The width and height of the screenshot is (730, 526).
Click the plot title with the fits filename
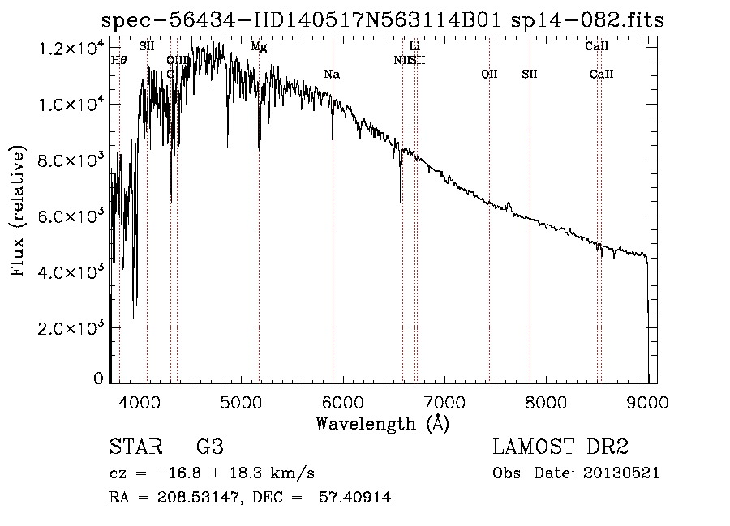click(382, 20)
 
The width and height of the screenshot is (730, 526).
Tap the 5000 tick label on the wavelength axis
click(240, 402)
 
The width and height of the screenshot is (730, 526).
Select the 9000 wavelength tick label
click(647, 402)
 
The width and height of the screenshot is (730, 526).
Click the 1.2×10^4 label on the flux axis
click(72, 49)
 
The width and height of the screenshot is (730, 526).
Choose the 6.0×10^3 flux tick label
click(72, 216)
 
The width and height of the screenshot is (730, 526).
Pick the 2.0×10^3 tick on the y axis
click(72, 328)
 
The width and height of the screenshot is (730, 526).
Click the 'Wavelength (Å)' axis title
click(382, 423)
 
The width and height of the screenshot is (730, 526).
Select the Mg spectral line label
click(259, 47)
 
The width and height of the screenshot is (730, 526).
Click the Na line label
click(331, 75)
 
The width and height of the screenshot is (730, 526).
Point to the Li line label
click(414, 47)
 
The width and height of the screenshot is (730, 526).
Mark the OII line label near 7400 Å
click(489, 75)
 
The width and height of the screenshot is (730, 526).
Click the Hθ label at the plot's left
click(118, 60)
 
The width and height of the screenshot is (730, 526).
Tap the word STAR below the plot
click(134, 447)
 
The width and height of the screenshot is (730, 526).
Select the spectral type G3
click(210, 447)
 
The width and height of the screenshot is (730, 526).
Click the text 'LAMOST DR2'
click(560, 447)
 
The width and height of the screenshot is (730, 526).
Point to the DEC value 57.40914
click(353, 498)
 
